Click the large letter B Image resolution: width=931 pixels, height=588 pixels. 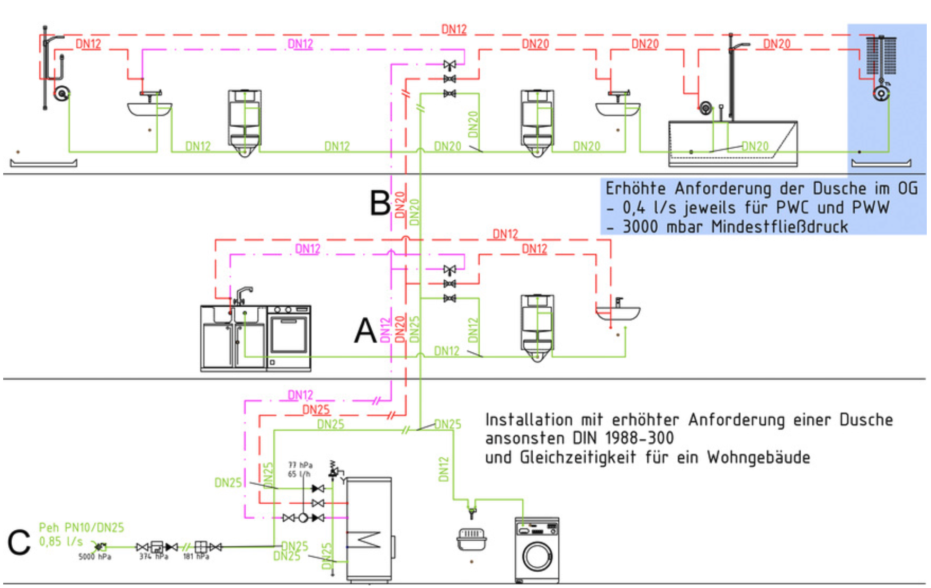[380, 203]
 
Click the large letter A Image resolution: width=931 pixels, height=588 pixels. [365, 331]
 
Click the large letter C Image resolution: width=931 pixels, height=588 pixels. [19, 543]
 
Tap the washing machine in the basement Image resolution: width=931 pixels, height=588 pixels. [537, 550]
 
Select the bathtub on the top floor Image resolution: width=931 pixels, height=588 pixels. [732, 144]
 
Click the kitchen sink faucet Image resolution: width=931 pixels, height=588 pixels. [243, 295]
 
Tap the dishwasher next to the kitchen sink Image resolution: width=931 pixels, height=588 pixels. [289, 337]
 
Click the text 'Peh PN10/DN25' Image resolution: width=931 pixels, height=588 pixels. [82, 528]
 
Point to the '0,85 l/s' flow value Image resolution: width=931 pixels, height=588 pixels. [61, 541]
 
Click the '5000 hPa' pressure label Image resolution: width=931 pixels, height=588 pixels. [95, 557]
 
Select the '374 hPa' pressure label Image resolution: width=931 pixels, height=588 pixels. [154, 557]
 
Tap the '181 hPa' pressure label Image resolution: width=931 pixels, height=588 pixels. [196, 557]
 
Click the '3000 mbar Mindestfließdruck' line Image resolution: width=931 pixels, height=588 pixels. [735, 227]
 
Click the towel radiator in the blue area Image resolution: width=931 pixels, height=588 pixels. [881, 56]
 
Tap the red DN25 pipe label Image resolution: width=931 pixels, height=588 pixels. [316, 409]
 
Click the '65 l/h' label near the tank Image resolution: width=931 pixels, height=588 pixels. [299, 474]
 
